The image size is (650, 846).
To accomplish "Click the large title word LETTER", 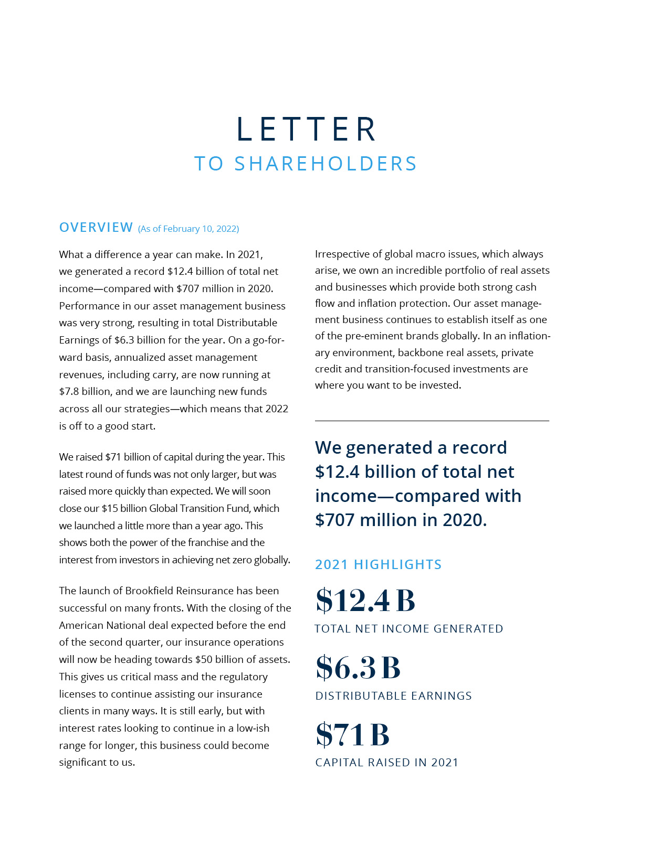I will point(307,129).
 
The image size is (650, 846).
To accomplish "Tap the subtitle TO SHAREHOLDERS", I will point(306,164).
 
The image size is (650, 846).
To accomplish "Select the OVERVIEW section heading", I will point(96,227).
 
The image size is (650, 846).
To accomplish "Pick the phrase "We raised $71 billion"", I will point(108,457).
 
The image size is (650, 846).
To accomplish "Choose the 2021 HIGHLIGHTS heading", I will point(378,564).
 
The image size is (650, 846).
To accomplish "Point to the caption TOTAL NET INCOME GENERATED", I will point(408,628).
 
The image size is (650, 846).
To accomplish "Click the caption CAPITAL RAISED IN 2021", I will point(386,762).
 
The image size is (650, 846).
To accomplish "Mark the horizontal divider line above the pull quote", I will point(432,421).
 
